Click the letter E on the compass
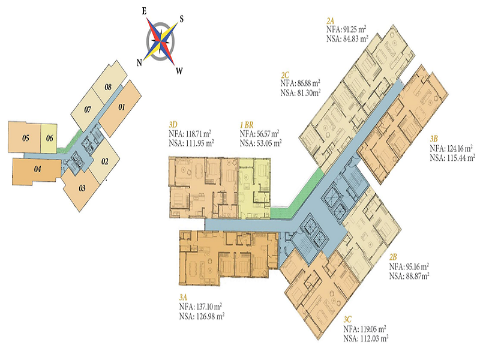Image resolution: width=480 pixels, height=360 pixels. (x=144, y=11)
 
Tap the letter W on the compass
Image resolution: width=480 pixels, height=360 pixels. (x=179, y=71)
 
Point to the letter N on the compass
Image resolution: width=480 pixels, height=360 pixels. (x=139, y=63)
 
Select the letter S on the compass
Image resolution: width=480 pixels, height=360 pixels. (x=182, y=19)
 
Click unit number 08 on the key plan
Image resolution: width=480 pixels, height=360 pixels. (x=108, y=87)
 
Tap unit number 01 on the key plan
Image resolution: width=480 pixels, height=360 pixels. (x=122, y=107)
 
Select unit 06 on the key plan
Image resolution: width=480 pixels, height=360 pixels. (x=50, y=139)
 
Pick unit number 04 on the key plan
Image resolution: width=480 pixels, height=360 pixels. (x=38, y=169)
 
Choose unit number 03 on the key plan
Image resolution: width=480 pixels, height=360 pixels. (x=82, y=188)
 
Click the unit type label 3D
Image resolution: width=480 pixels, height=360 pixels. (x=173, y=125)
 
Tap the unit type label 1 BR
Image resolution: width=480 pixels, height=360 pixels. (x=247, y=125)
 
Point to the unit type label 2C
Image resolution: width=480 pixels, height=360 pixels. (x=285, y=76)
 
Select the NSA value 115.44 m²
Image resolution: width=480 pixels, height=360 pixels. (x=461, y=158)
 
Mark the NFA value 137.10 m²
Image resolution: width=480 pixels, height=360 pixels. (x=208, y=307)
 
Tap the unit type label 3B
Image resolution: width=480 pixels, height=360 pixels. (x=434, y=139)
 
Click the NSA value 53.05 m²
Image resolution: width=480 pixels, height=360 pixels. (x=268, y=143)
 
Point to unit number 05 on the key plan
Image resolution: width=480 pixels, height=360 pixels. (x=26, y=138)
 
